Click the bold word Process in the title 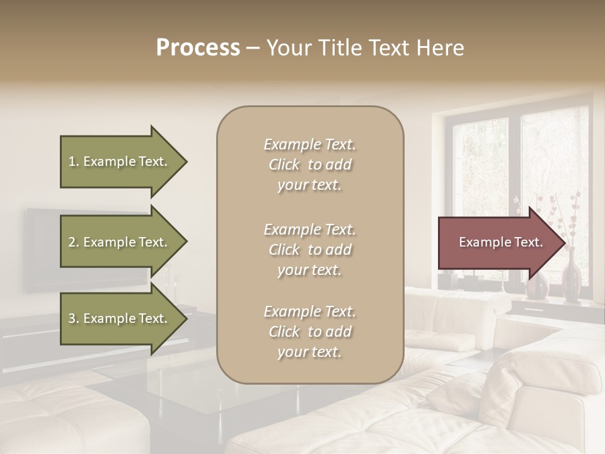(198, 48)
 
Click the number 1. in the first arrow (74, 161)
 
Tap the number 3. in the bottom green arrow (74, 318)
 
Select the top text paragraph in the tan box (309, 165)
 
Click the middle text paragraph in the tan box (309, 250)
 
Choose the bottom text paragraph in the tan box (309, 332)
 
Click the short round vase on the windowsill (537, 286)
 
